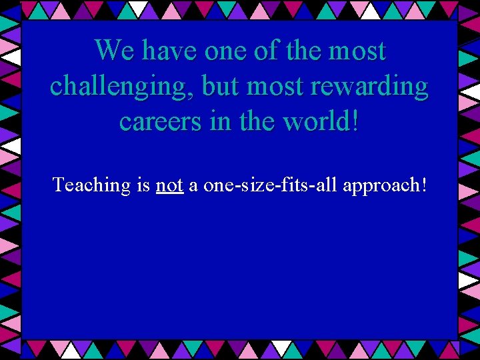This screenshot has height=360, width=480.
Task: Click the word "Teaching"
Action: pos(91,185)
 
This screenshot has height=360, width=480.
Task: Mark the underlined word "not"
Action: pos(169,185)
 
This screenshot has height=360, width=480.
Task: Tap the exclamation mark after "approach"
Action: pos(423,184)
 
